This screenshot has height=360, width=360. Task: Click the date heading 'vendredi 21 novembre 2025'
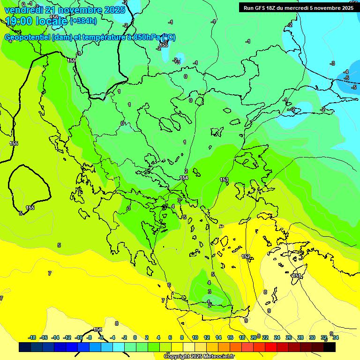pyautogui.click(x=65, y=9)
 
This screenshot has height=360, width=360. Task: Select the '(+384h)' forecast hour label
pyautogui.click(x=83, y=21)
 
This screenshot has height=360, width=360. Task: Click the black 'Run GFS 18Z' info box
pyautogui.click(x=297, y=7)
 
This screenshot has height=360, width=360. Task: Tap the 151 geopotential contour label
pyautogui.click(x=296, y=276)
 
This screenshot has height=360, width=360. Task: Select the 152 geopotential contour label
pyautogui.click(x=246, y=256)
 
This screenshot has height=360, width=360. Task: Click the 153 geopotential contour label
pyautogui.click(x=224, y=180)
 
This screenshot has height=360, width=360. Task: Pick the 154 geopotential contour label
pyautogui.click(x=184, y=178)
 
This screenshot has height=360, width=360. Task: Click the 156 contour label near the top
pyautogui.click(x=54, y=17)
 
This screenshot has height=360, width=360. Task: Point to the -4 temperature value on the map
pyautogui.click(x=346, y=72)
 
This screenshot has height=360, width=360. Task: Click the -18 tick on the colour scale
pyautogui.click(x=32, y=337)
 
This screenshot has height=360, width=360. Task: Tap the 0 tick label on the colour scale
pyautogui.click(x=135, y=337)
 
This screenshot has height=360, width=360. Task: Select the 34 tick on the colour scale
pyautogui.click(x=336, y=337)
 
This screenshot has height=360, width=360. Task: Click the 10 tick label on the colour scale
pyautogui.click(x=195, y=337)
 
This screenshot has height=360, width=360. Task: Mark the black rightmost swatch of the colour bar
pyautogui.click(x=330, y=347)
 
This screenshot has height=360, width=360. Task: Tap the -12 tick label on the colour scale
pyautogui.click(x=67, y=337)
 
